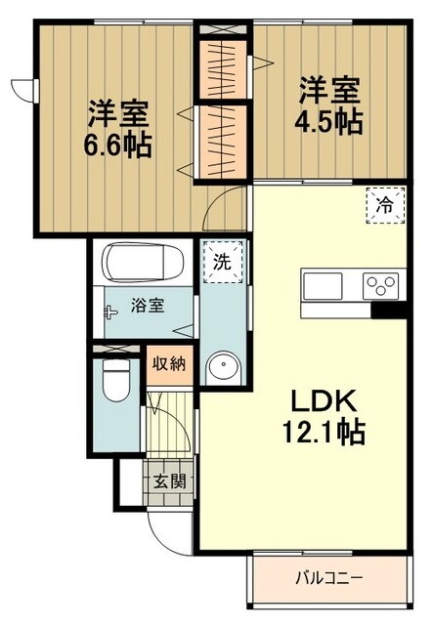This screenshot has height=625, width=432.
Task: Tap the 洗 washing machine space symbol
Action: (x=221, y=261)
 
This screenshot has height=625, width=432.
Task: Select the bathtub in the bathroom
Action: (x=146, y=261)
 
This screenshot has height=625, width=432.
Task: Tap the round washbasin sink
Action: (x=221, y=367)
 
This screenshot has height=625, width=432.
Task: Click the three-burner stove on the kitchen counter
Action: (x=380, y=286)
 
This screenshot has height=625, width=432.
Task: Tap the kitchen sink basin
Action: (x=323, y=286)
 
